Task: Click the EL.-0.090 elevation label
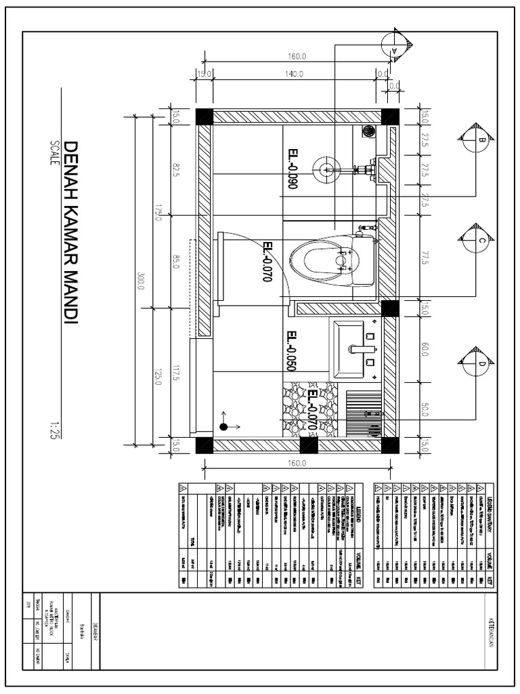point(292,169)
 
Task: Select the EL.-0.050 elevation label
point(291,351)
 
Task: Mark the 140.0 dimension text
point(294,74)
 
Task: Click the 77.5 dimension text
point(425,258)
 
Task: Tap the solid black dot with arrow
point(223,426)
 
